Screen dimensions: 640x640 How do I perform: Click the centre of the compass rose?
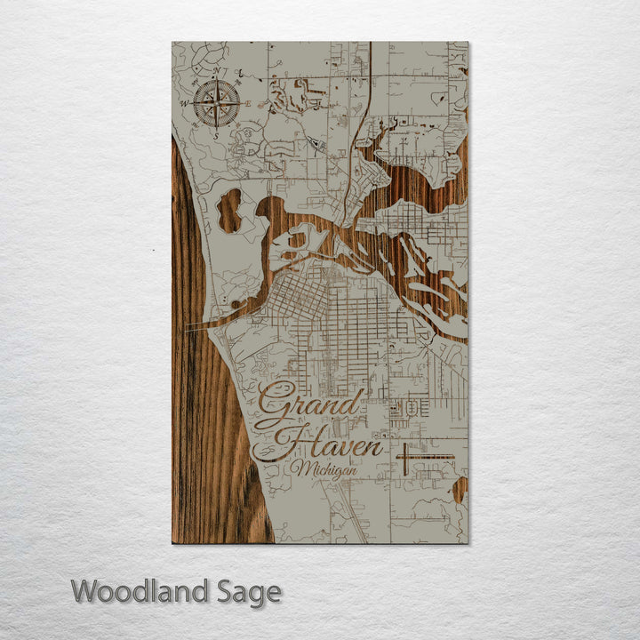[x=216, y=103]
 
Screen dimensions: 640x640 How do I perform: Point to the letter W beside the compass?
[x=186, y=104]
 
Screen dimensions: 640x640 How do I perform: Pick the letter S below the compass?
[x=216, y=136]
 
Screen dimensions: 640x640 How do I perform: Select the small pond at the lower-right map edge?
[x=459, y=489]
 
